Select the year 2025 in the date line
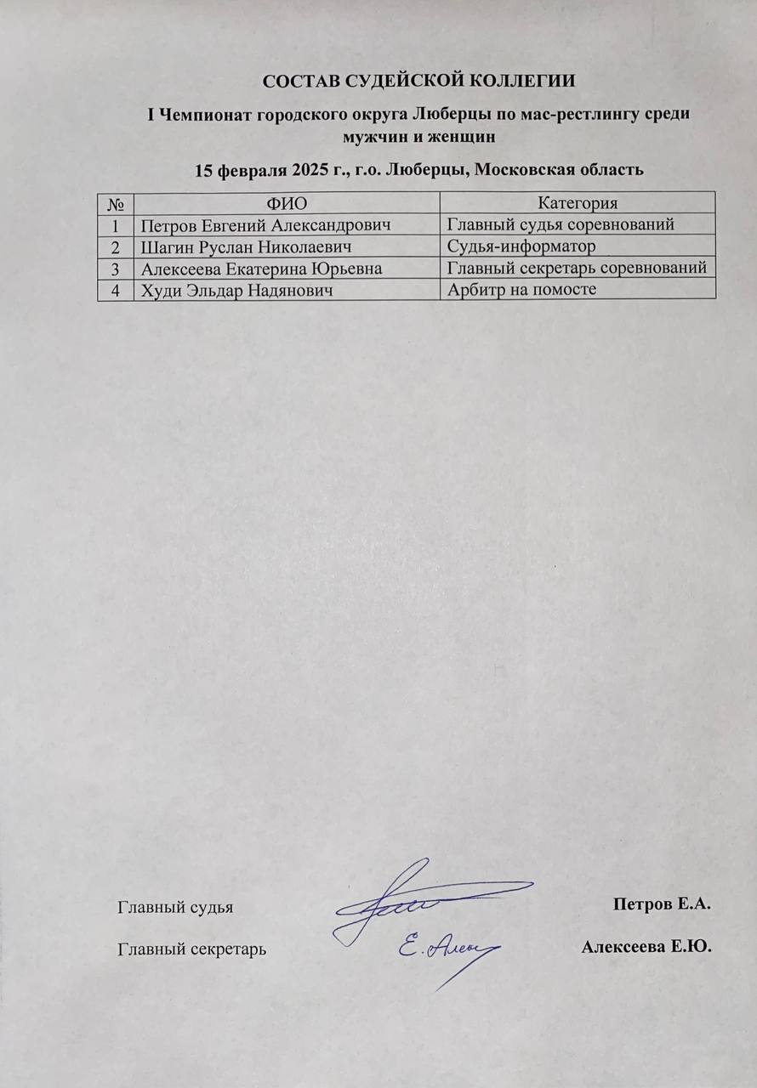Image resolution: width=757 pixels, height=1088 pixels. (309, 169)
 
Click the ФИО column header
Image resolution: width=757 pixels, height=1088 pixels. (287, 202)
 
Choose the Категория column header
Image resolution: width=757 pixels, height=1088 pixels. (578, 202)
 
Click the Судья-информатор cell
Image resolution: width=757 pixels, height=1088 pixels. (521, 246)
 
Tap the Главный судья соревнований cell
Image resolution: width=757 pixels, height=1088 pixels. (561, 224)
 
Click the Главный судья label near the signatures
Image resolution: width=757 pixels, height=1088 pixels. (174, 907)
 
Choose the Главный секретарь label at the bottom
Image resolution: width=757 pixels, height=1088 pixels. (191, 949)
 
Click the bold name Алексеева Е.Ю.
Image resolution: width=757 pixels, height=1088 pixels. (646, 947)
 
